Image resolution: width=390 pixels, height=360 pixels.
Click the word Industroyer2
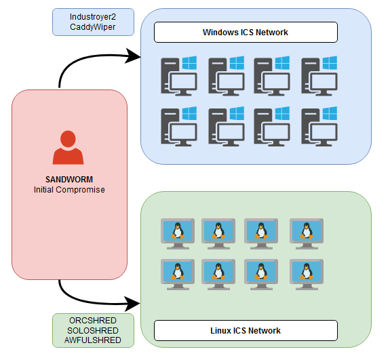click(x=93, y=17)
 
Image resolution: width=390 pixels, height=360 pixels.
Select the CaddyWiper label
click(x=92, y=27)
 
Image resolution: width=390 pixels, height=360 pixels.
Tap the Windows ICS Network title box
click(x=246, y=33)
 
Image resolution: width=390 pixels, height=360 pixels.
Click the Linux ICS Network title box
click(x=246, y=330)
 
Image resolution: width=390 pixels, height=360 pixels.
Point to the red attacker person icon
click(x=68, y=147)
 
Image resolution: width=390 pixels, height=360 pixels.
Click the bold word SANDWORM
click(x=69, y=180)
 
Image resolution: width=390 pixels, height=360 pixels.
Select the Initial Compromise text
click(x=69, y=190)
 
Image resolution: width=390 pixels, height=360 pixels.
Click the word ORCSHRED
click(x=93, y=321)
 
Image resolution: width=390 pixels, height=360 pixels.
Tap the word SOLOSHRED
click(x=93, y=330)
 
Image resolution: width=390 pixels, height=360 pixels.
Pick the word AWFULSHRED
click(x=93, y=340)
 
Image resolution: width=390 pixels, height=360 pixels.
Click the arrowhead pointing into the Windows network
click(x=132, y=56)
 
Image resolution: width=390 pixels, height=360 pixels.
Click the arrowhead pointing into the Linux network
click(x=132, y=304)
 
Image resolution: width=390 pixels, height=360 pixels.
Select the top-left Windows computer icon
click(x=179, y=76)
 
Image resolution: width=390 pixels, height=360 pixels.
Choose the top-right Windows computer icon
click(x=319, y=76)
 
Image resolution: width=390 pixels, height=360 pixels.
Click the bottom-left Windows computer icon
click(x=179, y=126)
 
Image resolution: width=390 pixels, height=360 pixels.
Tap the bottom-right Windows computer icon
click(x=319, y=126)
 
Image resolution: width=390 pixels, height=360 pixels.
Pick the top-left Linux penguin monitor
click(x=178, y=234)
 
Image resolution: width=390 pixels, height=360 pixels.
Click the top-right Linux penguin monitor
click(x=307, y=234)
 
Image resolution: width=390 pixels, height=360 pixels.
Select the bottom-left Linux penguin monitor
click(x=178, y=275)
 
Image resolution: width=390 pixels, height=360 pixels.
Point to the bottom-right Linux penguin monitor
click(x=307, y=275)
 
